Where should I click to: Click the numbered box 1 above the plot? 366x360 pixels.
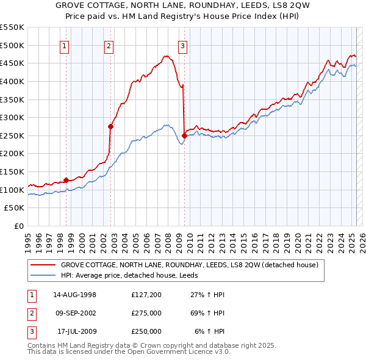click(64, 45)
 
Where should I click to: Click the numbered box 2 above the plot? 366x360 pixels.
click(109, 45)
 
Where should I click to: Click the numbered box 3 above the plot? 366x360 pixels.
click(182, 45)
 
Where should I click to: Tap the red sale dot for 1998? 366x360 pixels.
click(66, 180)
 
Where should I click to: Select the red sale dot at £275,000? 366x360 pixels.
click(110, 127)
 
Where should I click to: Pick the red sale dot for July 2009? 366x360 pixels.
click(184, 135)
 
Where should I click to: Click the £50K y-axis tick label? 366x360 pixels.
click(15, 208)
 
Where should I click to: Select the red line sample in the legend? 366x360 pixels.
click(43, 265)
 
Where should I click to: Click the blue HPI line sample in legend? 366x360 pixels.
click(43, 275)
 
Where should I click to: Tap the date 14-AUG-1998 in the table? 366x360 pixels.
click(74, 295)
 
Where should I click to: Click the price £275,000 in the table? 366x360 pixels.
click(146, 313)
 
